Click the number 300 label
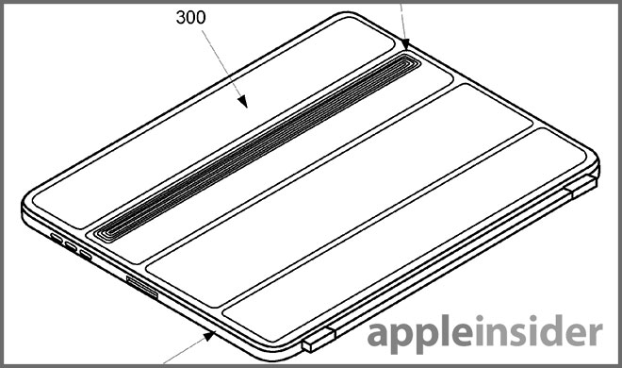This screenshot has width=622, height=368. [190, 18]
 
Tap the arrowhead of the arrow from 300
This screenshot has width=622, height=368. [243, 102]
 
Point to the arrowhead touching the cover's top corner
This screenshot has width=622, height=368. [405, 43]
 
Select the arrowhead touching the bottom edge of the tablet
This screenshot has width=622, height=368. [209, 336]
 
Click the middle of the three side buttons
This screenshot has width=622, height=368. [71, 246]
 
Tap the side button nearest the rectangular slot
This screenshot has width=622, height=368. [86, 255]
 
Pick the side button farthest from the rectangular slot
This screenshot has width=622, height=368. [57, 238]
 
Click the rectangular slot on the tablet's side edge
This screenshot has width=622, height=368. [142, 287]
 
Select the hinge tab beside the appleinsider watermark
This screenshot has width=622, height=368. [319, 340]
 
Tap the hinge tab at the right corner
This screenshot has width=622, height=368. [581, 186]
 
